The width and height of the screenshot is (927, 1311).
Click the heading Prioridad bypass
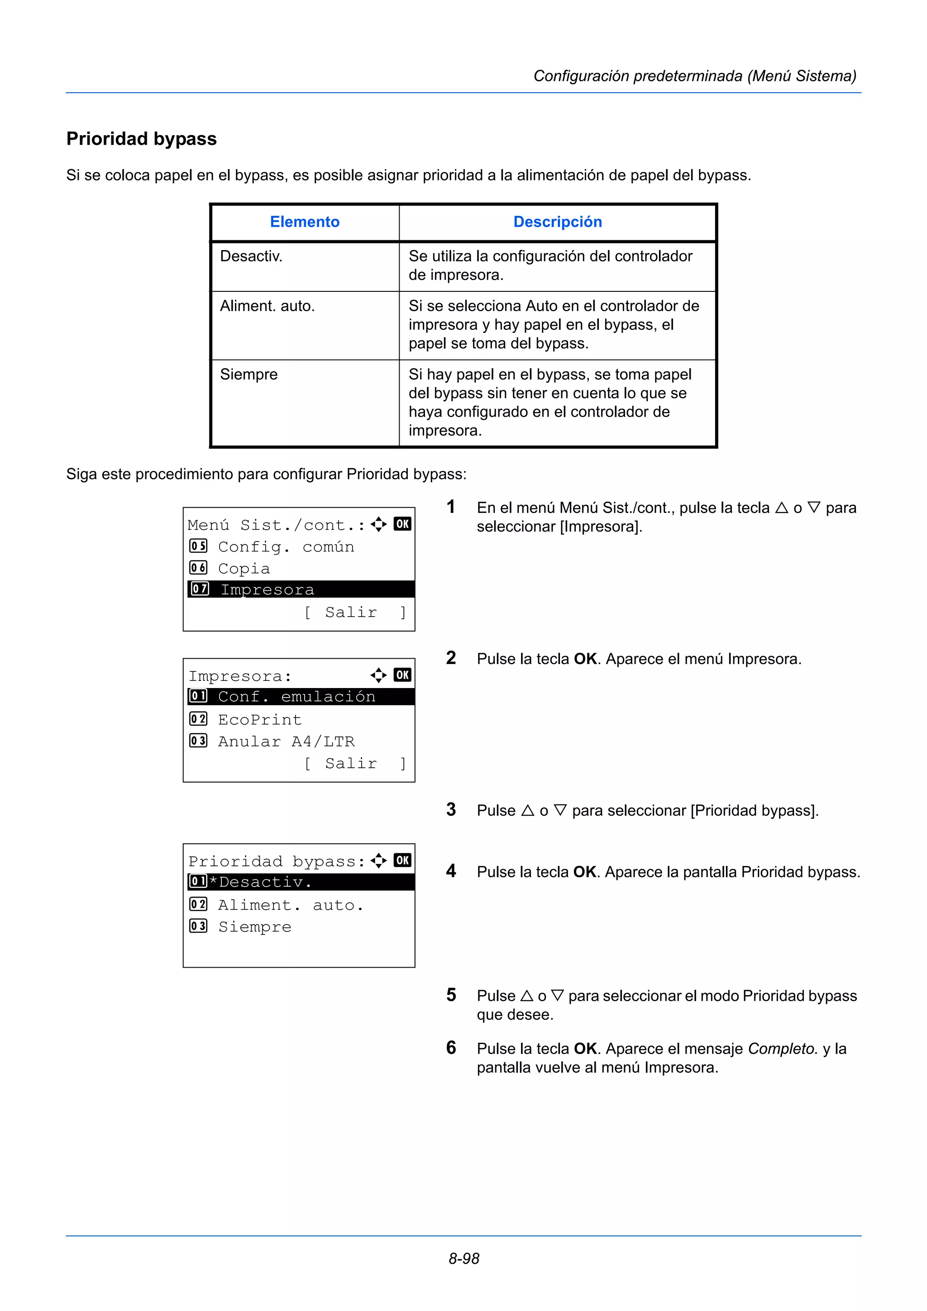pyautogui.click(x=141, y=139)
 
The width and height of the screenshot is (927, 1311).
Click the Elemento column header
pyautogui.click(x=305, y=222)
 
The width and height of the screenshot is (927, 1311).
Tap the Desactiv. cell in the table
pyautogui.click(x=251, y=256)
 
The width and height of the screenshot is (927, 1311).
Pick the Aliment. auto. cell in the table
pyautogui.click(x=268, y=306)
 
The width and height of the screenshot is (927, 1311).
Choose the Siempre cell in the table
pyautogui.click(x=248, y=375)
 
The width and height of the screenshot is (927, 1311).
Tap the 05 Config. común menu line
pyautogui.click(x=286, y=546)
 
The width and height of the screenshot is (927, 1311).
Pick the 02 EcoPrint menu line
pyautogui.click(x=259, y=719)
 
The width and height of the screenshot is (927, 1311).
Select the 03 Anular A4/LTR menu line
pyautogui.click(x=286, y=741)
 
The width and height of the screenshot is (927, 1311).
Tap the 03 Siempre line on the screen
pyautogui.click(x=254, y=927)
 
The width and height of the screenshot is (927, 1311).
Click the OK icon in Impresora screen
pyautogui.click(x=402, y=675)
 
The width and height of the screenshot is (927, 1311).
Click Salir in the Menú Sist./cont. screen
pyautogui.click(x=351, y=612)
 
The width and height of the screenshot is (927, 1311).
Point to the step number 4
pyautogui.click(x=451, y=871)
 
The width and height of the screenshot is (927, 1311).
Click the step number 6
pyautogui.click(x=451, y=1047)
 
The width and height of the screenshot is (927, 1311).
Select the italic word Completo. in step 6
pyautogui.click(x=783, y=1049)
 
